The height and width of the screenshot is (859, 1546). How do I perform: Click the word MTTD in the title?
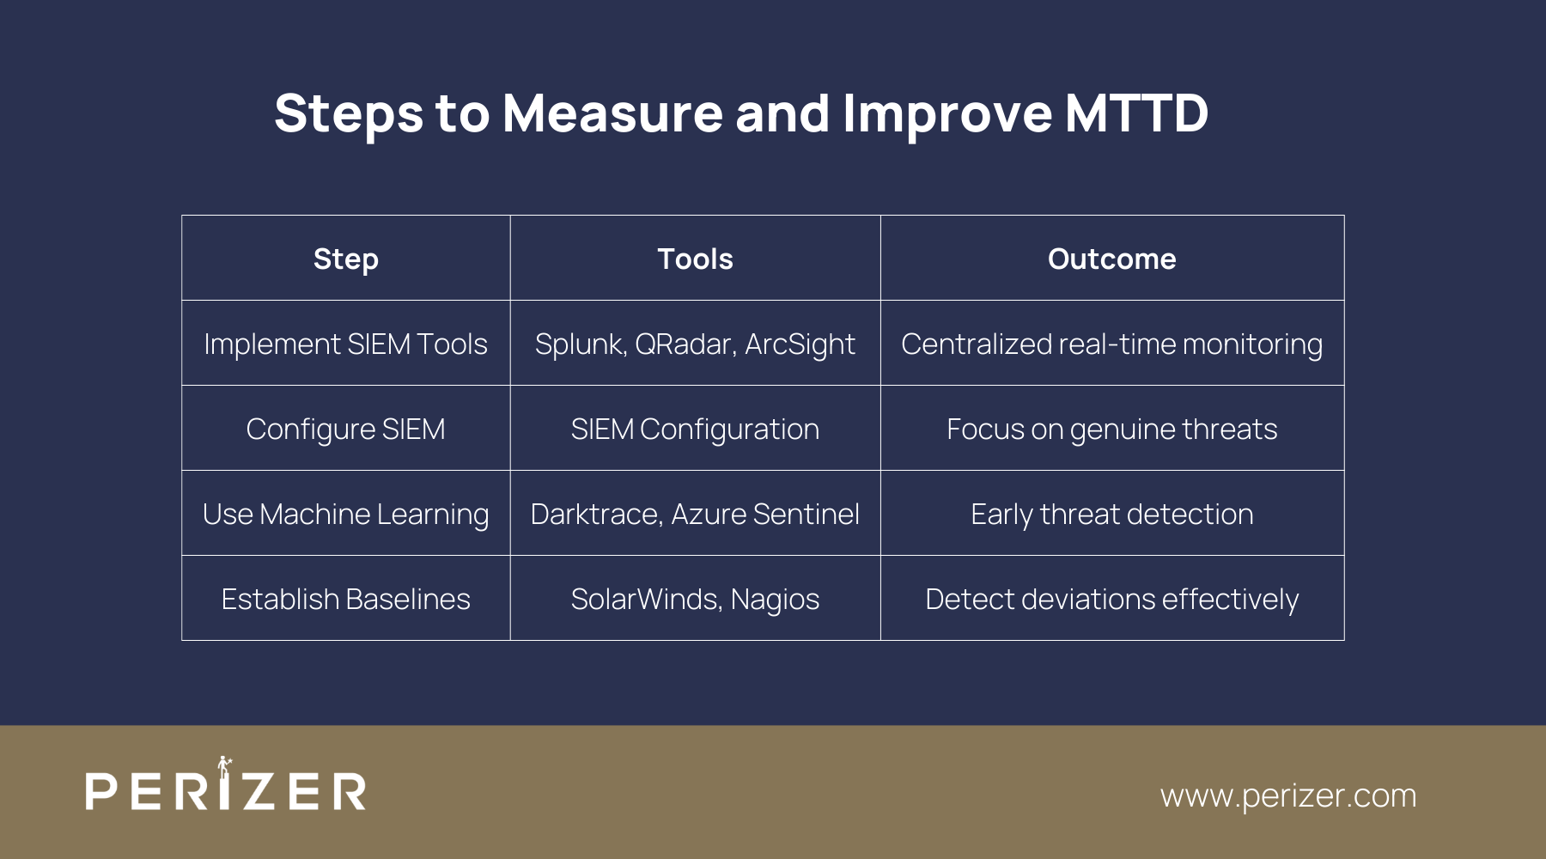(x=1136, y=113)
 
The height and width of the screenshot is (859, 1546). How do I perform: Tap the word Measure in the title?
(x=612, y=113)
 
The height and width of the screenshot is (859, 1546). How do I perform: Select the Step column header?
(x=346, y=259)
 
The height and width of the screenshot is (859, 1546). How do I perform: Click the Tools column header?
(x=695, y=259)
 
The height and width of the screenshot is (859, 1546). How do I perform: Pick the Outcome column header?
(x=1112, y=259)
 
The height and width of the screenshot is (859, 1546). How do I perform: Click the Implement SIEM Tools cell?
(x=346, y=344)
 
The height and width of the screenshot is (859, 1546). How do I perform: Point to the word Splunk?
(x=580, y=344)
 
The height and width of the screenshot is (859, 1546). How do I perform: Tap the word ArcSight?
(x=800, y=344)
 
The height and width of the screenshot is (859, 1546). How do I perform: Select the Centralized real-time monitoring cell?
(x=1112, y=344)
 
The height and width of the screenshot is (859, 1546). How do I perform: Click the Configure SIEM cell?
(x=346, y=429)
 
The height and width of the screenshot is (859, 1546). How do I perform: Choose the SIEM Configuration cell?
(x=695, y=429)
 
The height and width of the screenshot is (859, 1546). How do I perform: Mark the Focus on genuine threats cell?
(x=1112, y=429)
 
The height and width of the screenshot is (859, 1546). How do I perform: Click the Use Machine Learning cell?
(x=346, y=514)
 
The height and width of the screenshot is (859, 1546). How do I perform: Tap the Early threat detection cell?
(x=1112, y=514)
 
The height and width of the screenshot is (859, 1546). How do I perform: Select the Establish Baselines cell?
(x=346, y=599)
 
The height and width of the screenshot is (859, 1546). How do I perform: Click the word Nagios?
(x=775, y=599)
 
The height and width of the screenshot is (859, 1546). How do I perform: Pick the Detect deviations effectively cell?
(x=1112, y=599)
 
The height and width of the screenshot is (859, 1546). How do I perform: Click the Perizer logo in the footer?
(x=226, y=783)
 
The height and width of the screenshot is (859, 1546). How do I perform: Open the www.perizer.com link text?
(x=1288, y=795)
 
